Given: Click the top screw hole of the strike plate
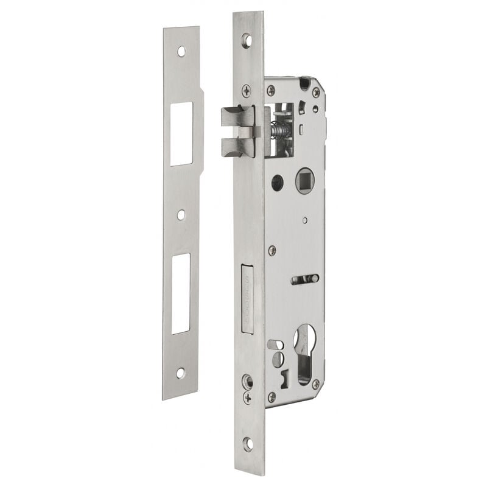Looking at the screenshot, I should coord(181,51).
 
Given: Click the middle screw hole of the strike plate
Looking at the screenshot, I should coord(181,215).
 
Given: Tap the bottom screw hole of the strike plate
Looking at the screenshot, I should coord(180,373).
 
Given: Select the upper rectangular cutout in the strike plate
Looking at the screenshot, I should coord(181,134).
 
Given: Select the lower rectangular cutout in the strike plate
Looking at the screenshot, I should coord(181,293).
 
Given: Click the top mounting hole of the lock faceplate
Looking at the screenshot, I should coord(247,40).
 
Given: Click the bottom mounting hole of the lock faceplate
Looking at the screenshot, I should coord(247,443).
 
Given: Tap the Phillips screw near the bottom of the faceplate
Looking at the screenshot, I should coord(247,399).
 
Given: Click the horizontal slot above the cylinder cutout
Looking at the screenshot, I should coord(304,279).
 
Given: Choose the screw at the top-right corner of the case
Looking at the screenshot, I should coord(316,92).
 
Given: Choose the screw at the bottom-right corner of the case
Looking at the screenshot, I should coord(315,385).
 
